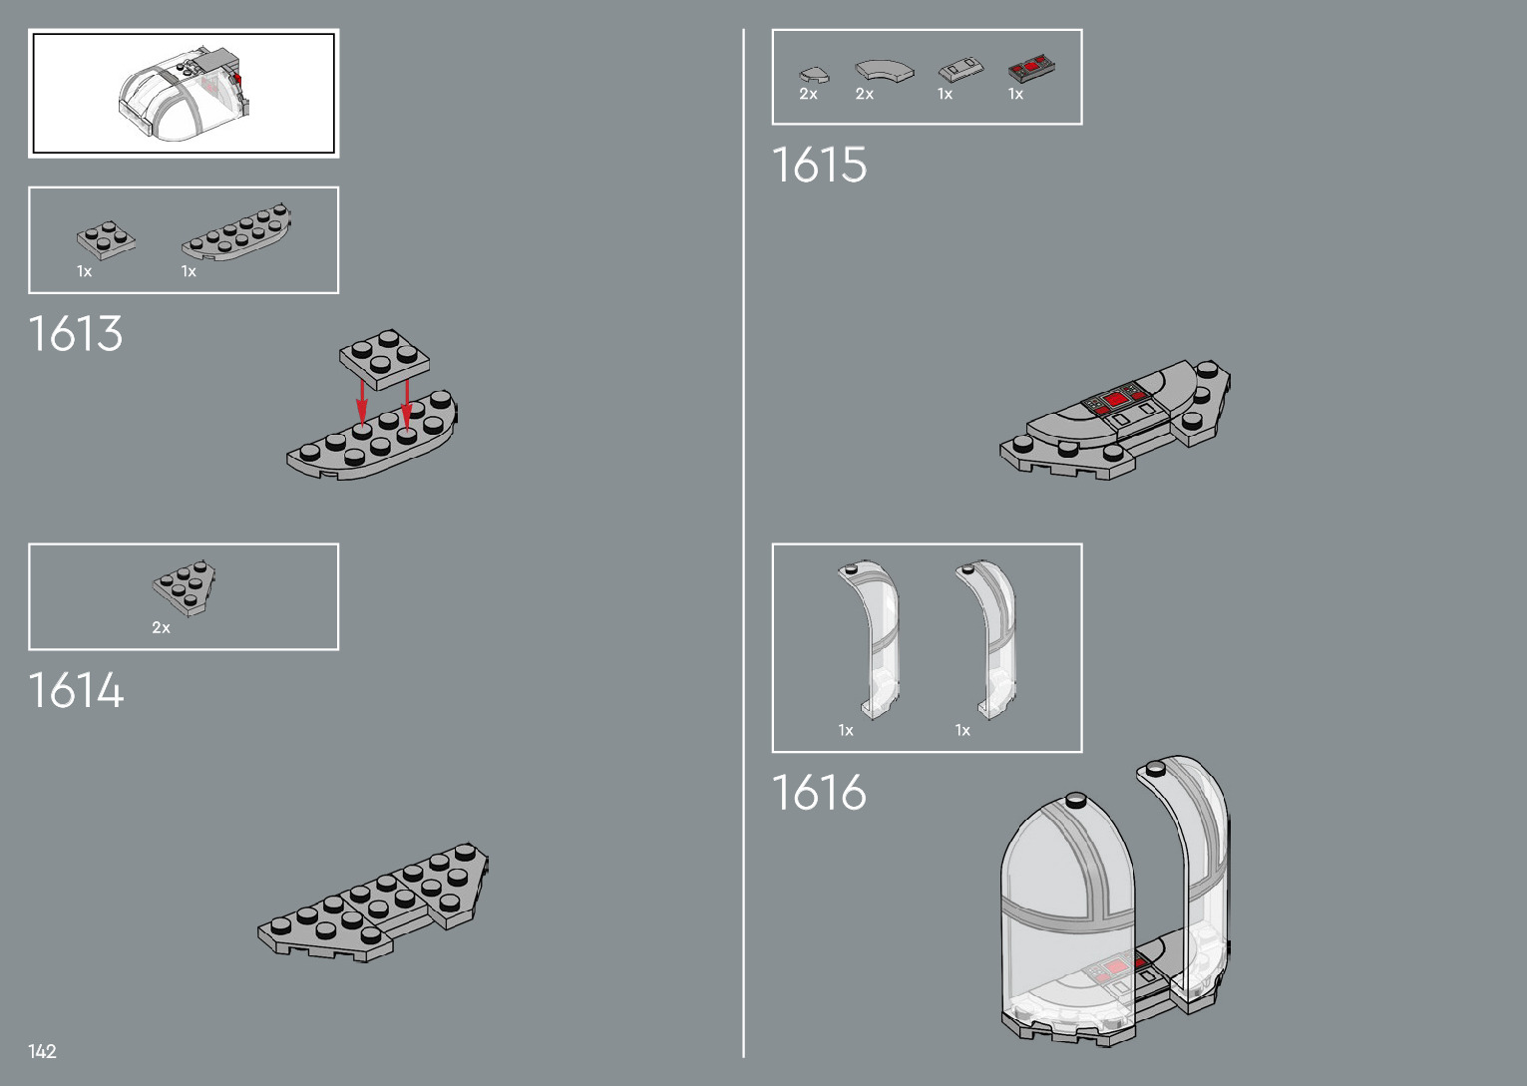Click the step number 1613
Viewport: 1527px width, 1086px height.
click(76, 334)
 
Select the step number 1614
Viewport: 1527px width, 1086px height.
click(76, 690)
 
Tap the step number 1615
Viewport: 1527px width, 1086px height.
click(820, 166)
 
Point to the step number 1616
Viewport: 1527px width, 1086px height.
click(820, 793)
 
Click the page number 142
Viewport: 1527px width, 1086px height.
click(42, 1051)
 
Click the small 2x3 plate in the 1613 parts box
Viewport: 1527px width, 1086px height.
click(106, 239)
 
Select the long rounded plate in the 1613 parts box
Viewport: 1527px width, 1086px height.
click(237, 233)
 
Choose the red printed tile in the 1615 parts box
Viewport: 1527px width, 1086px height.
click(1031, 69)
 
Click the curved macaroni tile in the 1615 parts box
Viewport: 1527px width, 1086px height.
click(883, 70)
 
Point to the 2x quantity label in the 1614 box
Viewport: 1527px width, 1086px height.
click(161, 628)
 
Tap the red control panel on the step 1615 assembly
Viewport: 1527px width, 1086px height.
click(1115, 400)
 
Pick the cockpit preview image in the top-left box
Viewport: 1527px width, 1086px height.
click(184, 93)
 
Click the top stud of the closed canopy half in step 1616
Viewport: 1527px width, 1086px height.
click(1076, 800)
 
